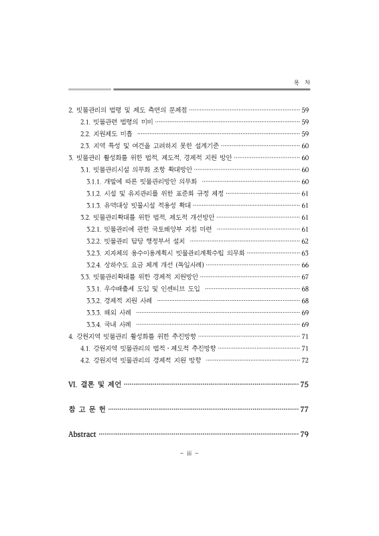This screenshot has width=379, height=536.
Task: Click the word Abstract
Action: (82, 433)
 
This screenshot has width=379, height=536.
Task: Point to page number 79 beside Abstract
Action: (304, 433)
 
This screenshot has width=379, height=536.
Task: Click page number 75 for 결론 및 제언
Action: (304, 385)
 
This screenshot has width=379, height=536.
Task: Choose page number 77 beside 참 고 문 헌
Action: (304, 409)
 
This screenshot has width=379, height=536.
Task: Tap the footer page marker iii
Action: (189, 453)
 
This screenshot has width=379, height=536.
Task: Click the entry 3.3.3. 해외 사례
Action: (109, 312)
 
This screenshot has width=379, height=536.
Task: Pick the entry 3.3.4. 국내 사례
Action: (109, 324)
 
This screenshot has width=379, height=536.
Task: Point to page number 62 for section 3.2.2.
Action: (305, 241)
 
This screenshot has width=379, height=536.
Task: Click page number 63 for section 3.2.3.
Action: (305, 253)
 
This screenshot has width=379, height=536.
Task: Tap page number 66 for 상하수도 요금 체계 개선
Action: (305, 265)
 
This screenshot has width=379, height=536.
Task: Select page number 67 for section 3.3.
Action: (305, 277)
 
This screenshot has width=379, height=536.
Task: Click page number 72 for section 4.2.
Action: (305, 360)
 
